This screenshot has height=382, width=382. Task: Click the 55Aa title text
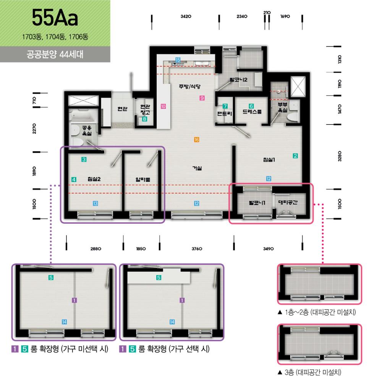point(55,18)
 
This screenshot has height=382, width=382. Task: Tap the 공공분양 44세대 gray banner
point(55,54)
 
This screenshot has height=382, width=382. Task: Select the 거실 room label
point(197,168)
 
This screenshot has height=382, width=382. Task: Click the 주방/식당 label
point(189,86)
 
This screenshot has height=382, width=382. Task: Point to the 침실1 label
point(269,160)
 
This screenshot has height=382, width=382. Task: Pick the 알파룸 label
point(143,180)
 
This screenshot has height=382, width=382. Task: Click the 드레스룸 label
point(252,112)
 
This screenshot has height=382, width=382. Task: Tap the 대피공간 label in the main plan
point(288,202)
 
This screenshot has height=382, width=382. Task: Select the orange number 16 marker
point(197,139)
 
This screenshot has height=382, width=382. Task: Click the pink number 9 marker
point(202,98)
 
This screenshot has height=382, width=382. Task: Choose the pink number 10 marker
point(163,106)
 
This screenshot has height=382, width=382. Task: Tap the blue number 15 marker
point(178,60)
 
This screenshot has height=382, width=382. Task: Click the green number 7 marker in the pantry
point(225,106)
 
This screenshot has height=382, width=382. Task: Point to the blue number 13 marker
point(95,203)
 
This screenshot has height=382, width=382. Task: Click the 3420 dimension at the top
point(186,16)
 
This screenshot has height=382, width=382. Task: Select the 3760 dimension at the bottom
point(197,249)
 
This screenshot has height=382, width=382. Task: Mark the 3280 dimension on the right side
point(340,156)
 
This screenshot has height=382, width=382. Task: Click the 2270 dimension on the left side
point(34,128)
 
